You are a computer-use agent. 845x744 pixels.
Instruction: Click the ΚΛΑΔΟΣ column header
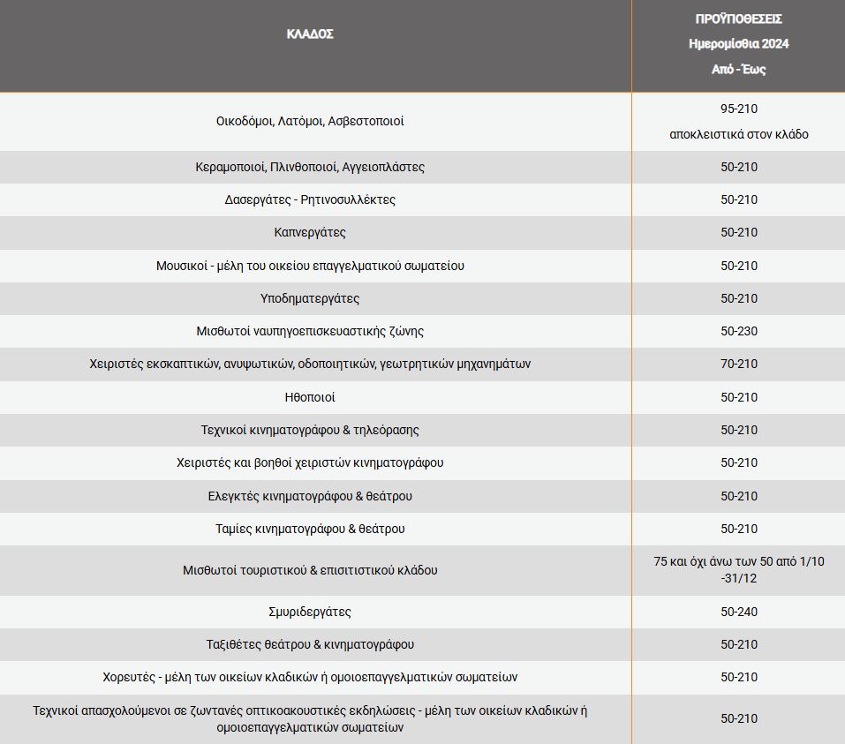click(310, 34)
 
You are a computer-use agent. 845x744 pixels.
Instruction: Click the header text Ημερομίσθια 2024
click(739, 43)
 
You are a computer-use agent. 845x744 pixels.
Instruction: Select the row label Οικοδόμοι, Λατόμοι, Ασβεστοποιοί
click(310, 121)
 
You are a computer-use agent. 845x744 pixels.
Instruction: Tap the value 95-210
click(739, 109)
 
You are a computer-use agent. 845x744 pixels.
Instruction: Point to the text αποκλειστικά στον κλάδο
click(739, 134)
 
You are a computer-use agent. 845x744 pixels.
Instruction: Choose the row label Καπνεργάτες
click(310, 232)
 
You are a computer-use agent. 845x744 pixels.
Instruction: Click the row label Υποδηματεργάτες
click(310, 298)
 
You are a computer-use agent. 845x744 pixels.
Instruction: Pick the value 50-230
click(739, 331)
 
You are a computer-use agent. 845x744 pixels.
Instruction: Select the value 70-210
click(739, 364)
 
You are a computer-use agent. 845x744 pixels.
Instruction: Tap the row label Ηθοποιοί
click(310, 397)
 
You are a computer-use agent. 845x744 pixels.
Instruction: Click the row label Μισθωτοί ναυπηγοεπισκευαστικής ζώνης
click(310, 331)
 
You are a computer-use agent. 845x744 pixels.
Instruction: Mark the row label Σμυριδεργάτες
click(310, 612)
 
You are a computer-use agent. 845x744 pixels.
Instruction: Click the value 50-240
click(739, 612)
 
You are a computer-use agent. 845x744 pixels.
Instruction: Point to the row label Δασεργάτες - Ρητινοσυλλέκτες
click(310, 199)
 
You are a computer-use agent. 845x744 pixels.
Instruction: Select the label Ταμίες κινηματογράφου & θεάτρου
click(310, 529)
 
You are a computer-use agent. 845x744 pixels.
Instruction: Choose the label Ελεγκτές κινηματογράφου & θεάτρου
click(310, 496)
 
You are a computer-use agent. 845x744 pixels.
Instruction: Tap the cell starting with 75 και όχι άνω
click(739, 569)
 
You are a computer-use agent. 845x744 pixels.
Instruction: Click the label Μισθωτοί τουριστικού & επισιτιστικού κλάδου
click(310, 570)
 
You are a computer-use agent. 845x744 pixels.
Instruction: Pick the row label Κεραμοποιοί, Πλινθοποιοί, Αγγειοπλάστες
click(310, 167)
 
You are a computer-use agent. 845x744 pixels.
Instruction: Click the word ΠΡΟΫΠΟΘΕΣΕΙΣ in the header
click(739, 19)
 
